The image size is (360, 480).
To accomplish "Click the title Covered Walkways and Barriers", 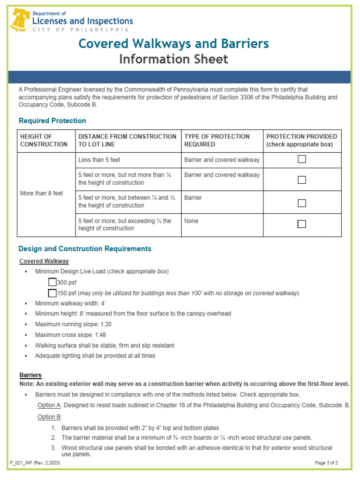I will click(x=173, y=44).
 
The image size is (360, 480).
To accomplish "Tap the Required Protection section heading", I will click(x=52, y=120).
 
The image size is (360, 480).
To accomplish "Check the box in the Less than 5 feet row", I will click(x=302, y=159).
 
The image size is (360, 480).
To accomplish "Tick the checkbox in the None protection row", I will click(x=302, y=224).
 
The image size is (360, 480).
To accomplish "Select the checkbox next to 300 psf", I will click(x=52, y=282).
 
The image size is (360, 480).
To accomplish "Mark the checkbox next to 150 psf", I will click(x=52, y=293).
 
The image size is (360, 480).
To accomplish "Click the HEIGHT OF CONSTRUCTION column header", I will click(x=44, y=140).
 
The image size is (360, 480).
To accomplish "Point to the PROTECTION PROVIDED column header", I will click(x=301, y=140).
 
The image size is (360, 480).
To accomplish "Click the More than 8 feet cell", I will click(x=41, y=193).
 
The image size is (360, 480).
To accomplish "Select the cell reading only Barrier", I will click(x=193, y=198).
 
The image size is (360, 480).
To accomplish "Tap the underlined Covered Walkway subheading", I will click(x=44, y=261).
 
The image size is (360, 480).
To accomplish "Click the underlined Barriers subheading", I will click(x=30, y=375).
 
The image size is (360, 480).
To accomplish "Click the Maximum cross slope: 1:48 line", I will click(x=70, y=335).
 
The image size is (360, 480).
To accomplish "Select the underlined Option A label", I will click(x=49, y=405).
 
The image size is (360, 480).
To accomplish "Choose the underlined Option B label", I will click(x=49, y=417).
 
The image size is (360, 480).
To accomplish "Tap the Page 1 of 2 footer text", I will click(x=326, y=463).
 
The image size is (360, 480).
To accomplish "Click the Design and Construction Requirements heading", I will click(x=84, y=248).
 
